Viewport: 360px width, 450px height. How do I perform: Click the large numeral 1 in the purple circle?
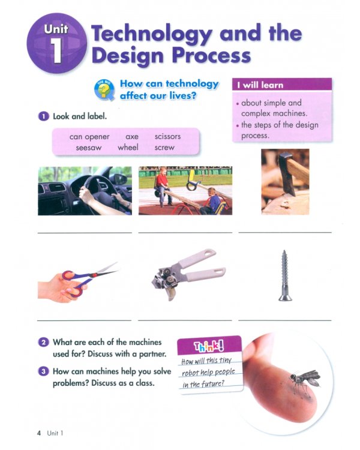pyautogui.click(x=56, y=50)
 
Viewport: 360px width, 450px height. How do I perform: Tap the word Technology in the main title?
pyautogui.click(x=152, y=34)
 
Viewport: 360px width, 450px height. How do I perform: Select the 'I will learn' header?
pyautogui.click(x=282, y=85)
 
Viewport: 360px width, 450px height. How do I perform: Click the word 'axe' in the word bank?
pyautogui.click(x=132, y=137)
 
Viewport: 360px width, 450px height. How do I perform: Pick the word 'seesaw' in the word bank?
pyautogui.click(x=89, y=148)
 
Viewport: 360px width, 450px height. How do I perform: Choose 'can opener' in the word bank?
pyautogui.click(x=89, y=137)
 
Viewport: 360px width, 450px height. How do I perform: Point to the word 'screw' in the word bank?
pyautogui.click(x=164, y=148)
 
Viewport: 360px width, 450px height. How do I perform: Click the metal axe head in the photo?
pyautogui.click(x=287, y=174)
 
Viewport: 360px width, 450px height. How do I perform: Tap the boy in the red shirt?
pyautogui.click(x=161, y=185)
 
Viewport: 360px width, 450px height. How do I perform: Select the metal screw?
pyautogui.click(x=284, y=275)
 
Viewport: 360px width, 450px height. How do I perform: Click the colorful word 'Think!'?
pyautogui.click(x=209, y=347)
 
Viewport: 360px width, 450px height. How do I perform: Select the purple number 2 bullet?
pyautogui.click(x=43, y=342)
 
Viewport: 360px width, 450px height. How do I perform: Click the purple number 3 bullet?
pyautogui.click(x=43, y=371)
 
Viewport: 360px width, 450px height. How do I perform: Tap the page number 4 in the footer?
pyautogui.click(x=39, y=433)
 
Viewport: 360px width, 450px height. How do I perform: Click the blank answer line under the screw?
pyautogui.click(x=285, y=320)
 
